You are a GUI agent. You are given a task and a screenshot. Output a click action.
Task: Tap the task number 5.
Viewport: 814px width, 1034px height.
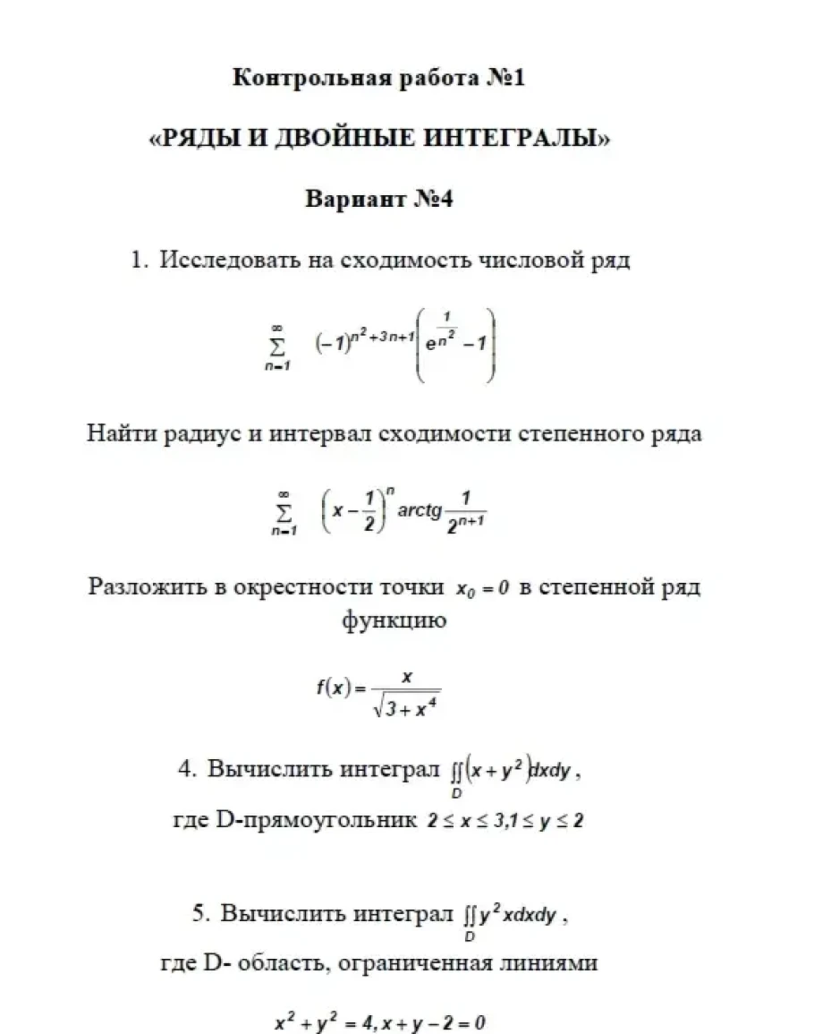tap(199, 914)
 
